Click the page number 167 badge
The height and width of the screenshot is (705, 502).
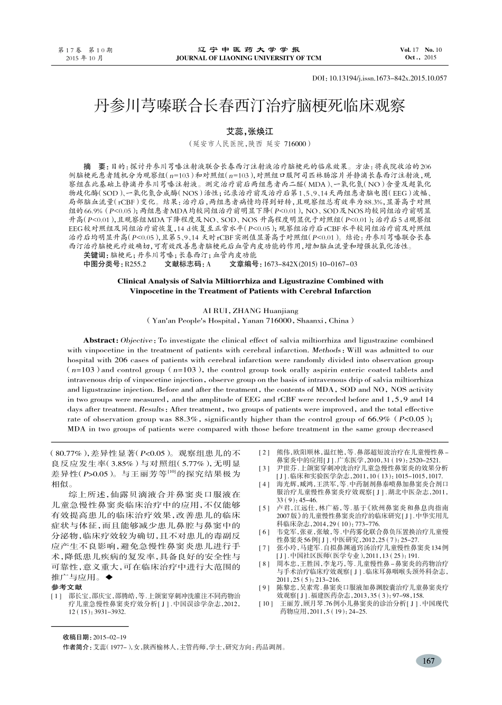429,661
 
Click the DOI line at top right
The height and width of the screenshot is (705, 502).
379,78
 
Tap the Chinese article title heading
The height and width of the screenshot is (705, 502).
250,106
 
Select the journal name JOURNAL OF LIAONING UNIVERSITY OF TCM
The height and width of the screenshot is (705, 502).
248,58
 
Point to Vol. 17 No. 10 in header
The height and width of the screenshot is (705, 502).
421,50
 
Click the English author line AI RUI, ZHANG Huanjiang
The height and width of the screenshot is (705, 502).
250,310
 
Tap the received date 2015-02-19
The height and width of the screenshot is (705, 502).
110,637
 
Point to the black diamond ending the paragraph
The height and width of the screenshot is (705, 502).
109,578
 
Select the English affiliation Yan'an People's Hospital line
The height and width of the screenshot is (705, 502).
250,321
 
